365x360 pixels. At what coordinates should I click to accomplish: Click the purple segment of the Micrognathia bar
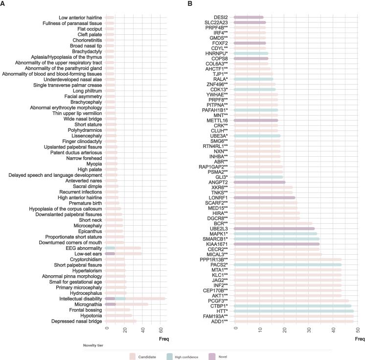coord(111,304)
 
